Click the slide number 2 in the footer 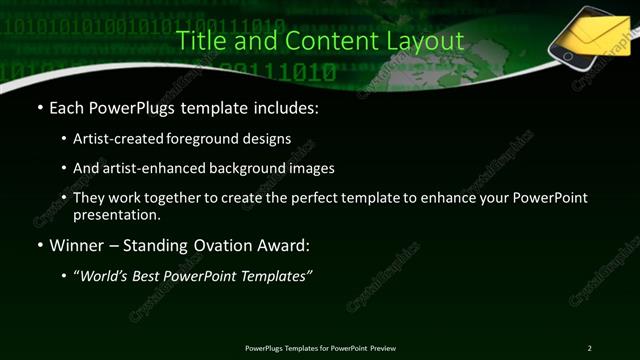(589, 347)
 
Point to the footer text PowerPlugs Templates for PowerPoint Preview (320, 347)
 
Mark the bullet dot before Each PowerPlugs (39, 106)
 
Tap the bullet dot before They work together (65, 198)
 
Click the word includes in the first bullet (287, 106)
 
